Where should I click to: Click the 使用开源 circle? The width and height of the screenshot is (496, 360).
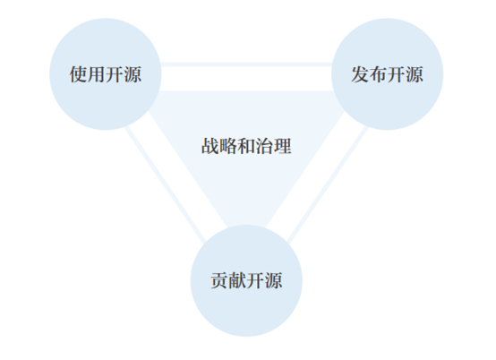tap(106, 74)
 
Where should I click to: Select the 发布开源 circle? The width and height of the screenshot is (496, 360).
tap(387, 74)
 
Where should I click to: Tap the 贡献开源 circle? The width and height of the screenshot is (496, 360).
tap(246, 280)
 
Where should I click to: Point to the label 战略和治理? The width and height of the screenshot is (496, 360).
tap(246, 146)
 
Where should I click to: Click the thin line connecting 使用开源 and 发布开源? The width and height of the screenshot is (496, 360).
tap(246, 64)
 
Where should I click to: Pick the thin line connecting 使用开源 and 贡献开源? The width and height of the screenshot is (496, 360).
tap(165, 184)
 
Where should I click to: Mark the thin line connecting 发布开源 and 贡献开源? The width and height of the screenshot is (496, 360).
tap(328, 184)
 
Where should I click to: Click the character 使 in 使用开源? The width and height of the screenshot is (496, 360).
tap(79, 74)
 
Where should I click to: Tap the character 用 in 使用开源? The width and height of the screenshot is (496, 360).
tap(97, 74)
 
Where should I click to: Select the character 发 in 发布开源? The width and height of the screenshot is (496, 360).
tap(360, 74)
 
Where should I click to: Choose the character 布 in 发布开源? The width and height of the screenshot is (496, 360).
tap(379, 74)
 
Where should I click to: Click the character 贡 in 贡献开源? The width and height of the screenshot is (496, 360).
tap(219, 280)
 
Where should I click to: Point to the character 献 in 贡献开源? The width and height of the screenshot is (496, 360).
tap(237, 280)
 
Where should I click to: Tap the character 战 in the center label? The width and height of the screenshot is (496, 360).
tap(210, 146)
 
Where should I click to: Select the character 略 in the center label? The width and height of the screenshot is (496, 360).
tap(228, 146)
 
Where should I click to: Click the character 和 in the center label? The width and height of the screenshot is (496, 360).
tap(246, 146)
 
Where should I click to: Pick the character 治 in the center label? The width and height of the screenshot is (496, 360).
tap(264, 146)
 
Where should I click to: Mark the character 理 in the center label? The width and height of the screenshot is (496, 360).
tap(283, 146)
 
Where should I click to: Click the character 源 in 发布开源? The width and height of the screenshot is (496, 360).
tap(415, 74)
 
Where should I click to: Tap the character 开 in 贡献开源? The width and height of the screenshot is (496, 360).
tap(255, 280)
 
